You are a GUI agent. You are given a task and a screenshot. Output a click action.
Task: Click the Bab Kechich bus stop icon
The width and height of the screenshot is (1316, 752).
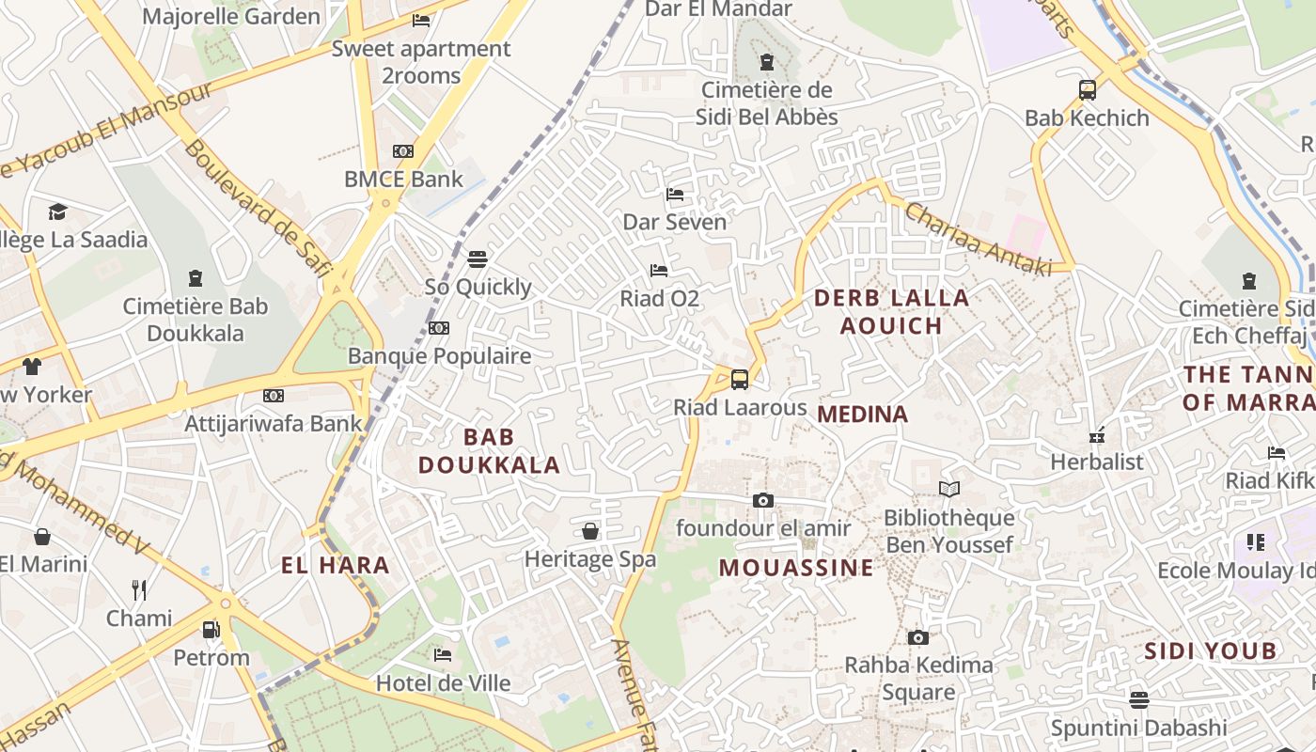1088,90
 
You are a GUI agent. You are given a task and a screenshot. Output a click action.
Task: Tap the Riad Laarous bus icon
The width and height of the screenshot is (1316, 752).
740,380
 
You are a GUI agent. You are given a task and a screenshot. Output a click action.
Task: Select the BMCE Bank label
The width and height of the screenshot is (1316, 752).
403,179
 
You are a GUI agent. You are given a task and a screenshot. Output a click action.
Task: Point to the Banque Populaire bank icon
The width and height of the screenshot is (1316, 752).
438,328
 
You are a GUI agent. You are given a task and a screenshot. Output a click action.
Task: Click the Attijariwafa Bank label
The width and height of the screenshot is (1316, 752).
273,423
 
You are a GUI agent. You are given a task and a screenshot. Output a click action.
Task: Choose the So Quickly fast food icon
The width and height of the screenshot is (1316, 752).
478,259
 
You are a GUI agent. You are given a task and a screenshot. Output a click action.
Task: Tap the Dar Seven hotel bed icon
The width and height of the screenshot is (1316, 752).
675,195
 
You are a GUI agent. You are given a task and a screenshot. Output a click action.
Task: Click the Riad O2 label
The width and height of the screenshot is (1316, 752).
660,299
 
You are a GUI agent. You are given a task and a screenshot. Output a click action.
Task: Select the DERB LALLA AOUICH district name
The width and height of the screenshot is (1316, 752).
891,312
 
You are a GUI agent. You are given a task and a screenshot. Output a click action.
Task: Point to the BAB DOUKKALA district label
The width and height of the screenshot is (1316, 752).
489,450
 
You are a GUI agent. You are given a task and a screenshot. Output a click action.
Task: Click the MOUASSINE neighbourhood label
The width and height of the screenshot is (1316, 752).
796,568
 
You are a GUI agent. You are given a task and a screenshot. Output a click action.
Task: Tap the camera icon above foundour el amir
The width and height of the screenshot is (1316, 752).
763,500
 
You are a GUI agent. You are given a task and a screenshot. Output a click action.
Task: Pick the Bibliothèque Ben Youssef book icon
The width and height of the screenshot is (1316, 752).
949,489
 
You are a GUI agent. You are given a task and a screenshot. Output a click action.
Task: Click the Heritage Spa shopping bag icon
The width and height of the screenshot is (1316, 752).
590,532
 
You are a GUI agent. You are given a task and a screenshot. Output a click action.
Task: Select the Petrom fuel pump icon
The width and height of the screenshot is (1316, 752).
211,629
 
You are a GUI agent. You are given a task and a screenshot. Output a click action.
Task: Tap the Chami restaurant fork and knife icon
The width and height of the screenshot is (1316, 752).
139,589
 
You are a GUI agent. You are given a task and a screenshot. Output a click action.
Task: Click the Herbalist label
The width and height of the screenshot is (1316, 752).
1097,462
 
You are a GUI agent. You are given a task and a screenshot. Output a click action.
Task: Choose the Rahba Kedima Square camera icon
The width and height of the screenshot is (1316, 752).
918,637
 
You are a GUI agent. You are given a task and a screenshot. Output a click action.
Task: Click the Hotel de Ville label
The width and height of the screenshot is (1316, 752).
444,683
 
